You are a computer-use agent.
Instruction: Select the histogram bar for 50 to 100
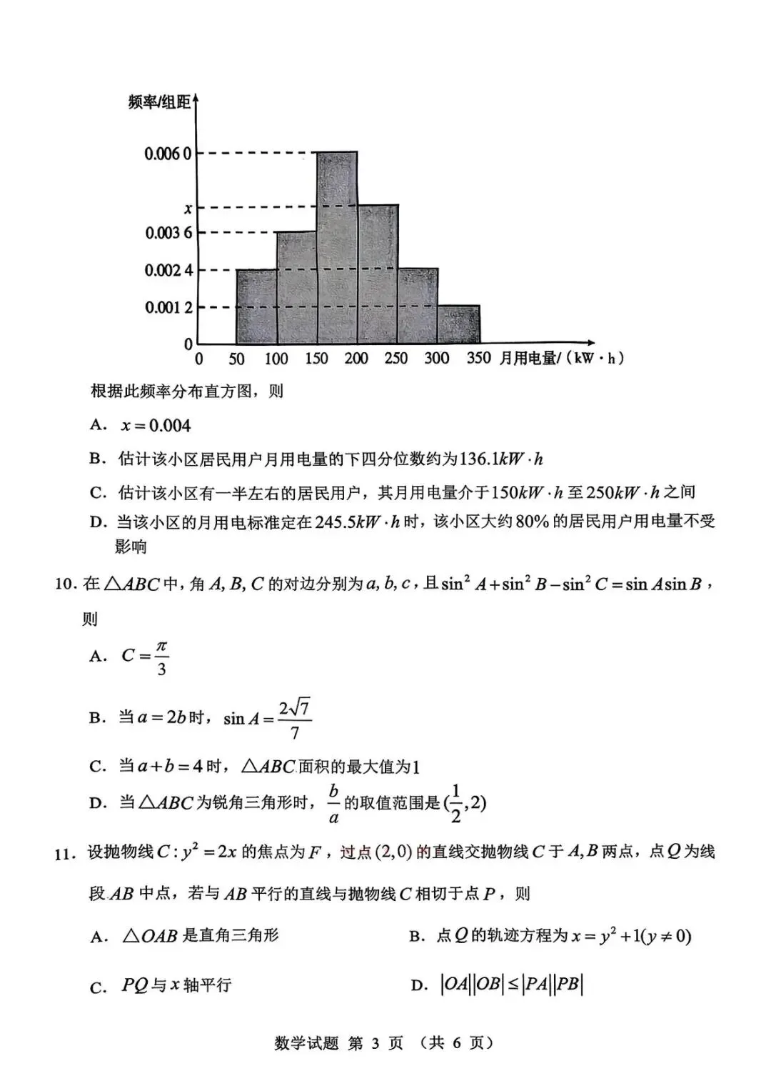click(x=256, y=307)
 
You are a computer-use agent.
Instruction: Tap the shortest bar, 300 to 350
click(x=459, y=324)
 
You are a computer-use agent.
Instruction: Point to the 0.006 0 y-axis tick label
click(x=168, y=153)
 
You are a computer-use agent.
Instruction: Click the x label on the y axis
click(x=188, y=209)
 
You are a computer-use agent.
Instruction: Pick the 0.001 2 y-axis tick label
click(x=168, y=307)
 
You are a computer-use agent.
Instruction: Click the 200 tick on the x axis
click(x=356, y=359)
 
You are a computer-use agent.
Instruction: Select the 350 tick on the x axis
click(x=478, y=358)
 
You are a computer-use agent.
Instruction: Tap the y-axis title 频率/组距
click(x=159, y=103)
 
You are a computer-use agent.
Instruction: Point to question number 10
click(x=65, y=584)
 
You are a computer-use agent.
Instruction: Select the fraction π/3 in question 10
click(x=162, y=657)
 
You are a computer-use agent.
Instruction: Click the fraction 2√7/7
click(x=295, y=719)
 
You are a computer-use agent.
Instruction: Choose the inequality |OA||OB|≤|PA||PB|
click(x=511, y=985)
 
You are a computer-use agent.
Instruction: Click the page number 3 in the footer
click(x=376, y=1044)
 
